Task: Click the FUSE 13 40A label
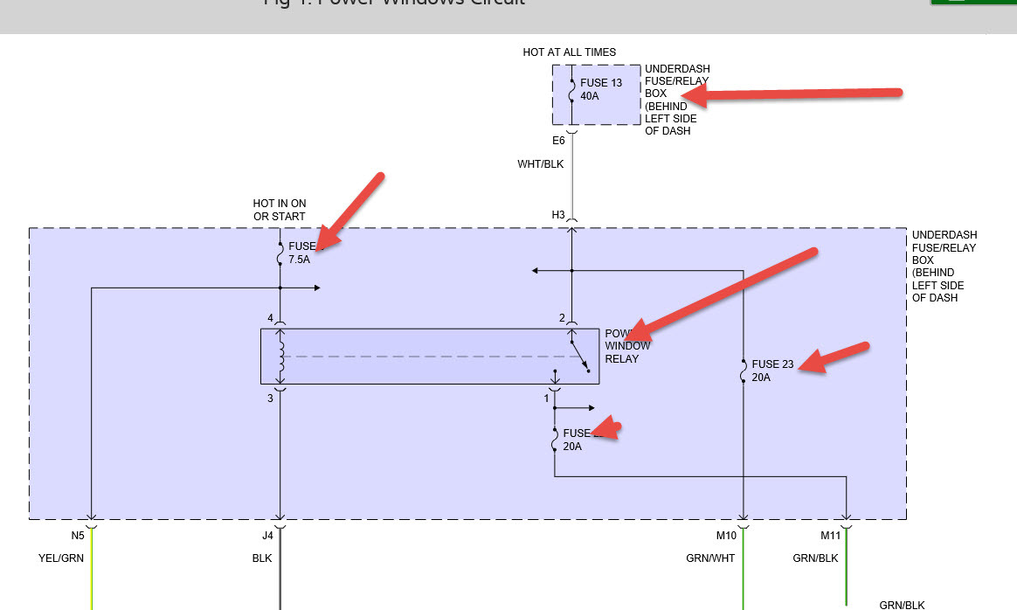(601, 89)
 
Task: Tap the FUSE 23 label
(772, 364)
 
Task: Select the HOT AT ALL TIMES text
(569, 52)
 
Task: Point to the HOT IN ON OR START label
(280, 210)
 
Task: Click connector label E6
(558, 141)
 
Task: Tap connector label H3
(558, 215)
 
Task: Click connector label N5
(77, 535)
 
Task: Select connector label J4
(267, 535)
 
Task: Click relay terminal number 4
(271, 318)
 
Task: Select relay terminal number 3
(270, 398)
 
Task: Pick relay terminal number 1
(547, 398)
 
